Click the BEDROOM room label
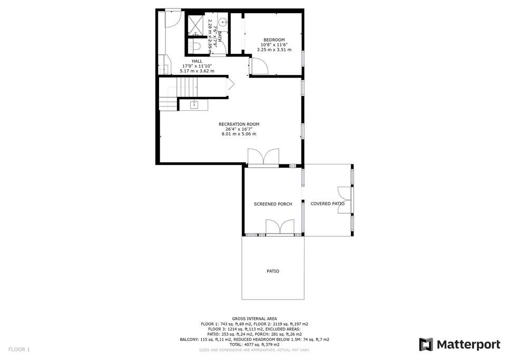point(274,40)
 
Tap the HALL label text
point(197,61)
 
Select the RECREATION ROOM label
point(239,124)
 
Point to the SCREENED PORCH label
point(273,204)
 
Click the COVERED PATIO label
point(328,204)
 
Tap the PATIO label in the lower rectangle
point(273,271)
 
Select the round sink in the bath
point(223,22)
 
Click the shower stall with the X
point(195,24)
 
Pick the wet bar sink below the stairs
point(194,104)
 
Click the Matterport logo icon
point(426,344)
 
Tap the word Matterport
point(468,344)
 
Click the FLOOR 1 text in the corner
point(19,349)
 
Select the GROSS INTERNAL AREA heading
point(254,319)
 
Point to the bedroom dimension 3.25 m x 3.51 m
point(274,50)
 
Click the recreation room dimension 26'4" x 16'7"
point(239,129)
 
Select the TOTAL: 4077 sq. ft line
point(254,344)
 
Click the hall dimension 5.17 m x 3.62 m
point(197,71)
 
